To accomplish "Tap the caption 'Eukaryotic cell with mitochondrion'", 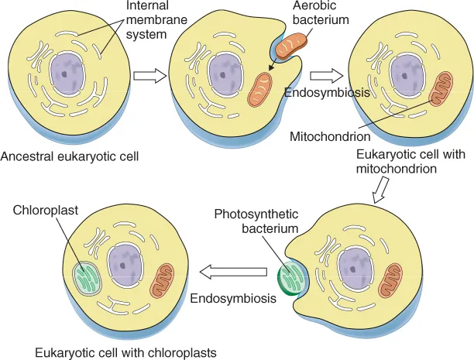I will pos(410,160).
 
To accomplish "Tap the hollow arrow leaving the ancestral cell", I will pos(149,75).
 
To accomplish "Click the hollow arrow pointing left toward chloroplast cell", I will pos(232,272).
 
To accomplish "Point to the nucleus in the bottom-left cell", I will pos(125,268).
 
